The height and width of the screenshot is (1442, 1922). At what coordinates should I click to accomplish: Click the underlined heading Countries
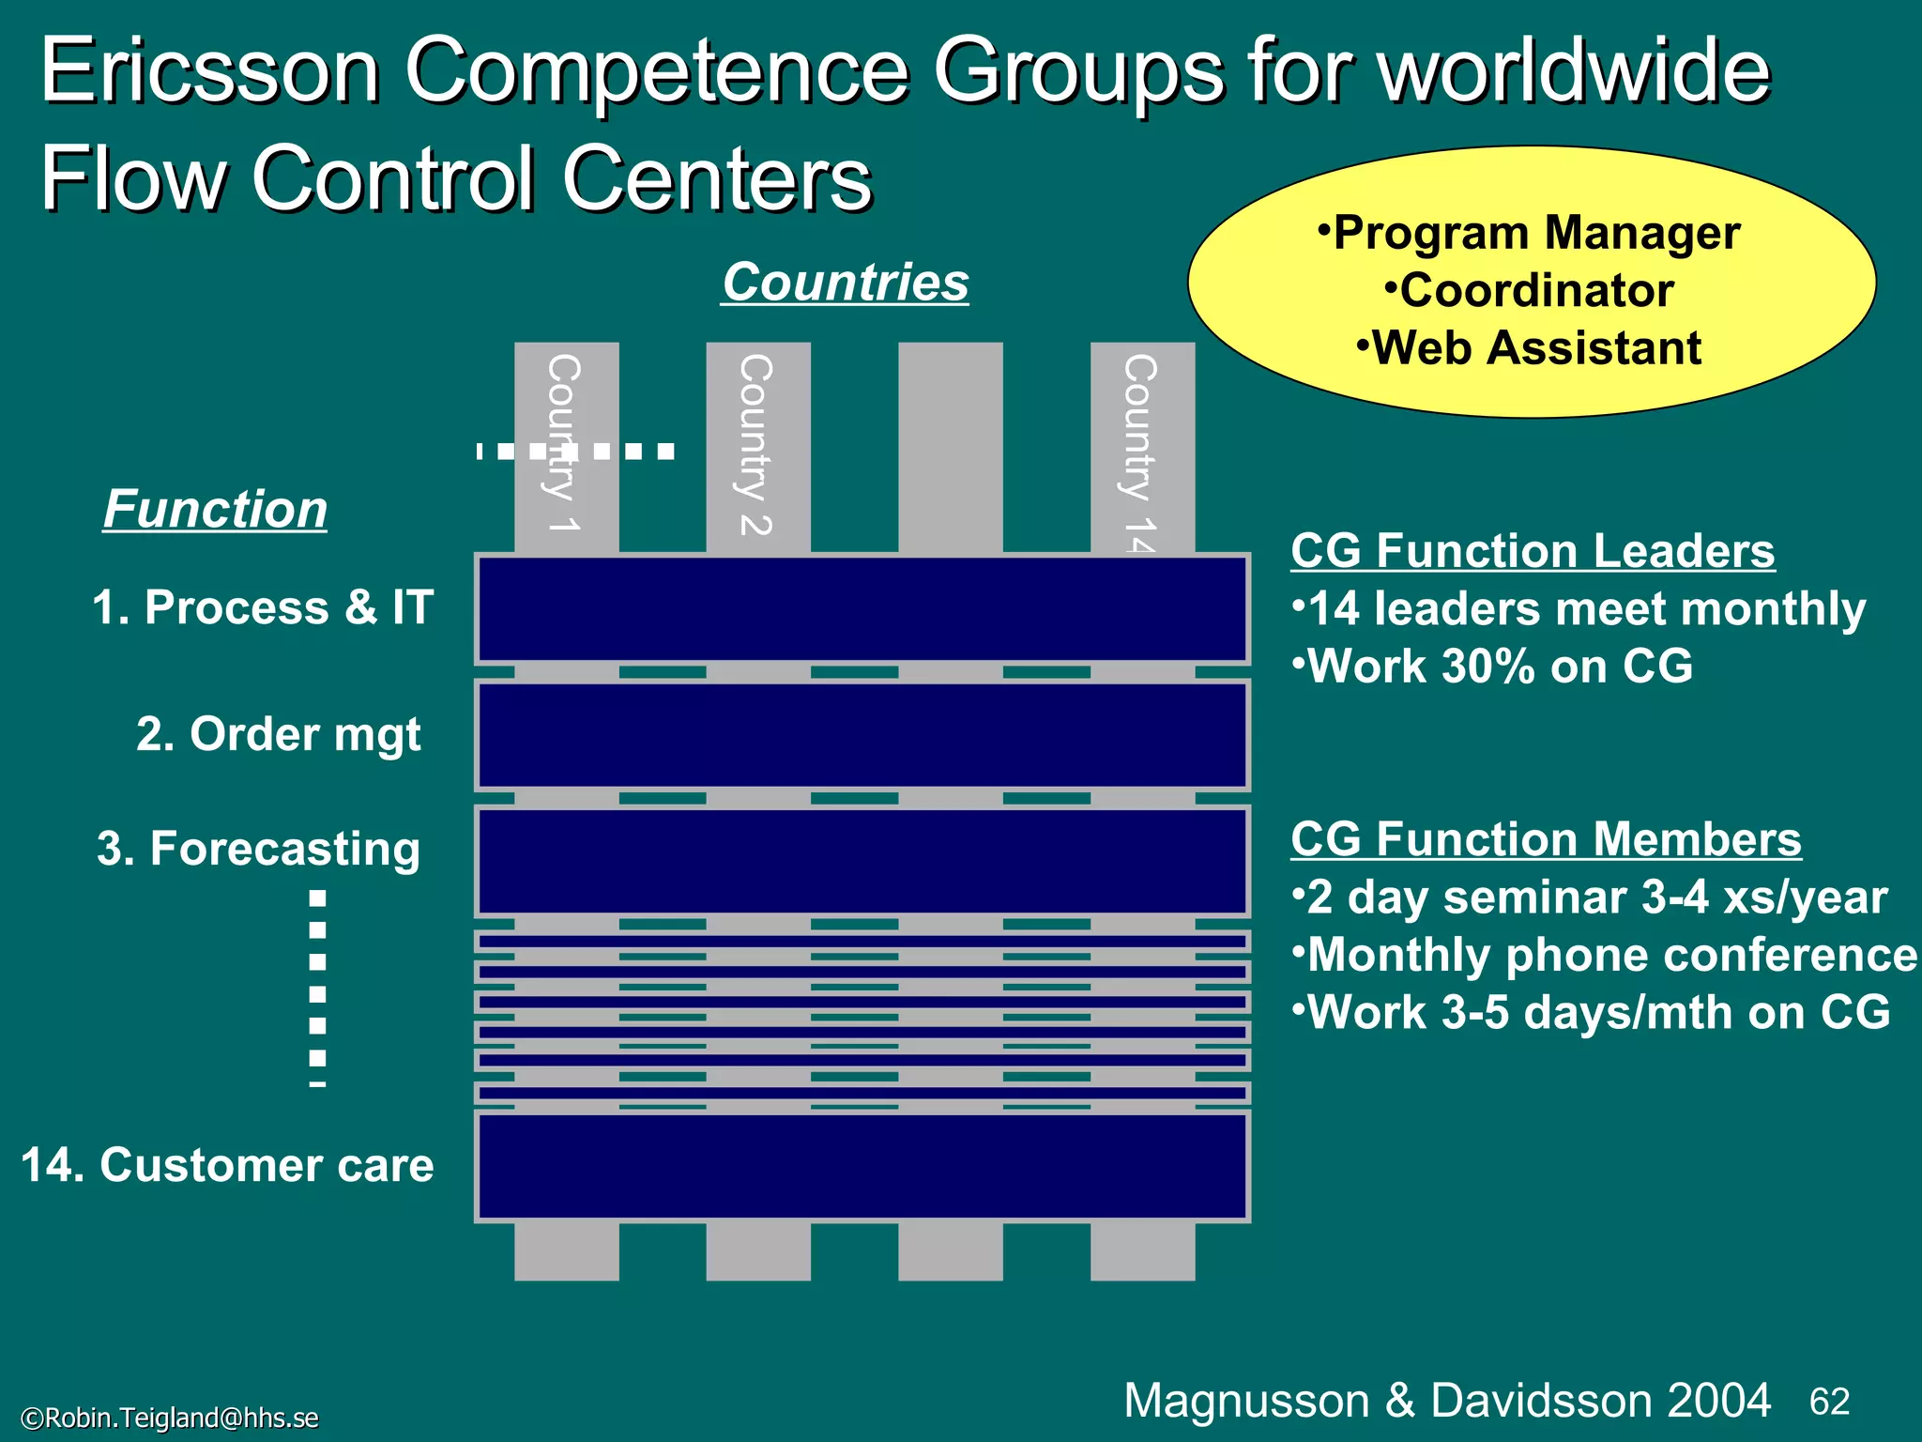[x=845, y=283]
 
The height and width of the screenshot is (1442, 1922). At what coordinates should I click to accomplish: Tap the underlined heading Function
[x=215, y=510]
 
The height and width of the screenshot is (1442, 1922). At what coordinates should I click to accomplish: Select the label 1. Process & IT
[x=263, y=607]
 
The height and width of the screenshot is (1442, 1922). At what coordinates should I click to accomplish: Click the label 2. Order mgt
[x=278, y=734]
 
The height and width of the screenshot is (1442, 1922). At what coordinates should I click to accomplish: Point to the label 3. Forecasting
[x=258, y=849]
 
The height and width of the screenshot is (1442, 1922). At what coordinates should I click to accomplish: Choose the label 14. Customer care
[x=227, y=1165]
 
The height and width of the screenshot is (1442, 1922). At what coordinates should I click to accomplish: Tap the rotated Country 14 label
[x=1140, y=451]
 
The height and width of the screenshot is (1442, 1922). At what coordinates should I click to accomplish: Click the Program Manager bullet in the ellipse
[x=1529, y=233]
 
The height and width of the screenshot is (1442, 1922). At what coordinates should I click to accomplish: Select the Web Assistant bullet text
[x=1529, y=348]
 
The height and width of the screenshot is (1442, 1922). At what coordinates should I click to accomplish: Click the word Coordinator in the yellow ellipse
[x=1536, y=291]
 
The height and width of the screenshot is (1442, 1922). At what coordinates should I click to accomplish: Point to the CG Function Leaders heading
[x=1533, y=551]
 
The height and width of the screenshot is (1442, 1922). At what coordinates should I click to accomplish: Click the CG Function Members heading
[x=1546, y=839]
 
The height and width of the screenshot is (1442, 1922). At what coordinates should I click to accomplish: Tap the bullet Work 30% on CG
[x=1492, y=667]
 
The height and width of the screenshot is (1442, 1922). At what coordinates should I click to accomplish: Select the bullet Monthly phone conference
[x=1604, y=955]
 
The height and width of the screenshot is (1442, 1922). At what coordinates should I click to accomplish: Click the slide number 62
[x=1829, y=1402]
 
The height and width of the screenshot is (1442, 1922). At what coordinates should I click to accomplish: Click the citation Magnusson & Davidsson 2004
[x=1447, y=1400]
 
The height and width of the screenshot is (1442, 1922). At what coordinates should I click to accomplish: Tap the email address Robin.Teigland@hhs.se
[x=170, y=1418]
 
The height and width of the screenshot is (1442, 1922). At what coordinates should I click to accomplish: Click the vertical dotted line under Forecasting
[x=318, y=986]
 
